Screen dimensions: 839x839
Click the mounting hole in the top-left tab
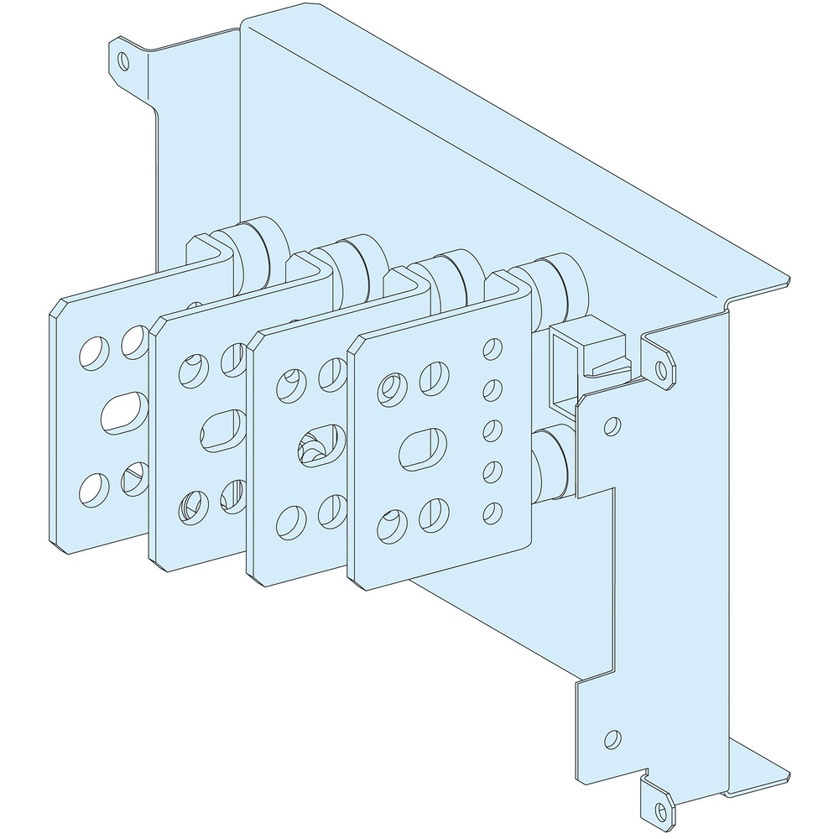point(123,60)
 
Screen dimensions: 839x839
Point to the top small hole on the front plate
point(492,346)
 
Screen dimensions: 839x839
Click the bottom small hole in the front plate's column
point(492,508)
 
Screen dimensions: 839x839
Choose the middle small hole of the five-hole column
point(492,428)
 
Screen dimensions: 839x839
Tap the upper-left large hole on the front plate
point(389,387)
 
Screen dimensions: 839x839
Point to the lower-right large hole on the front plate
point(434,511)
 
